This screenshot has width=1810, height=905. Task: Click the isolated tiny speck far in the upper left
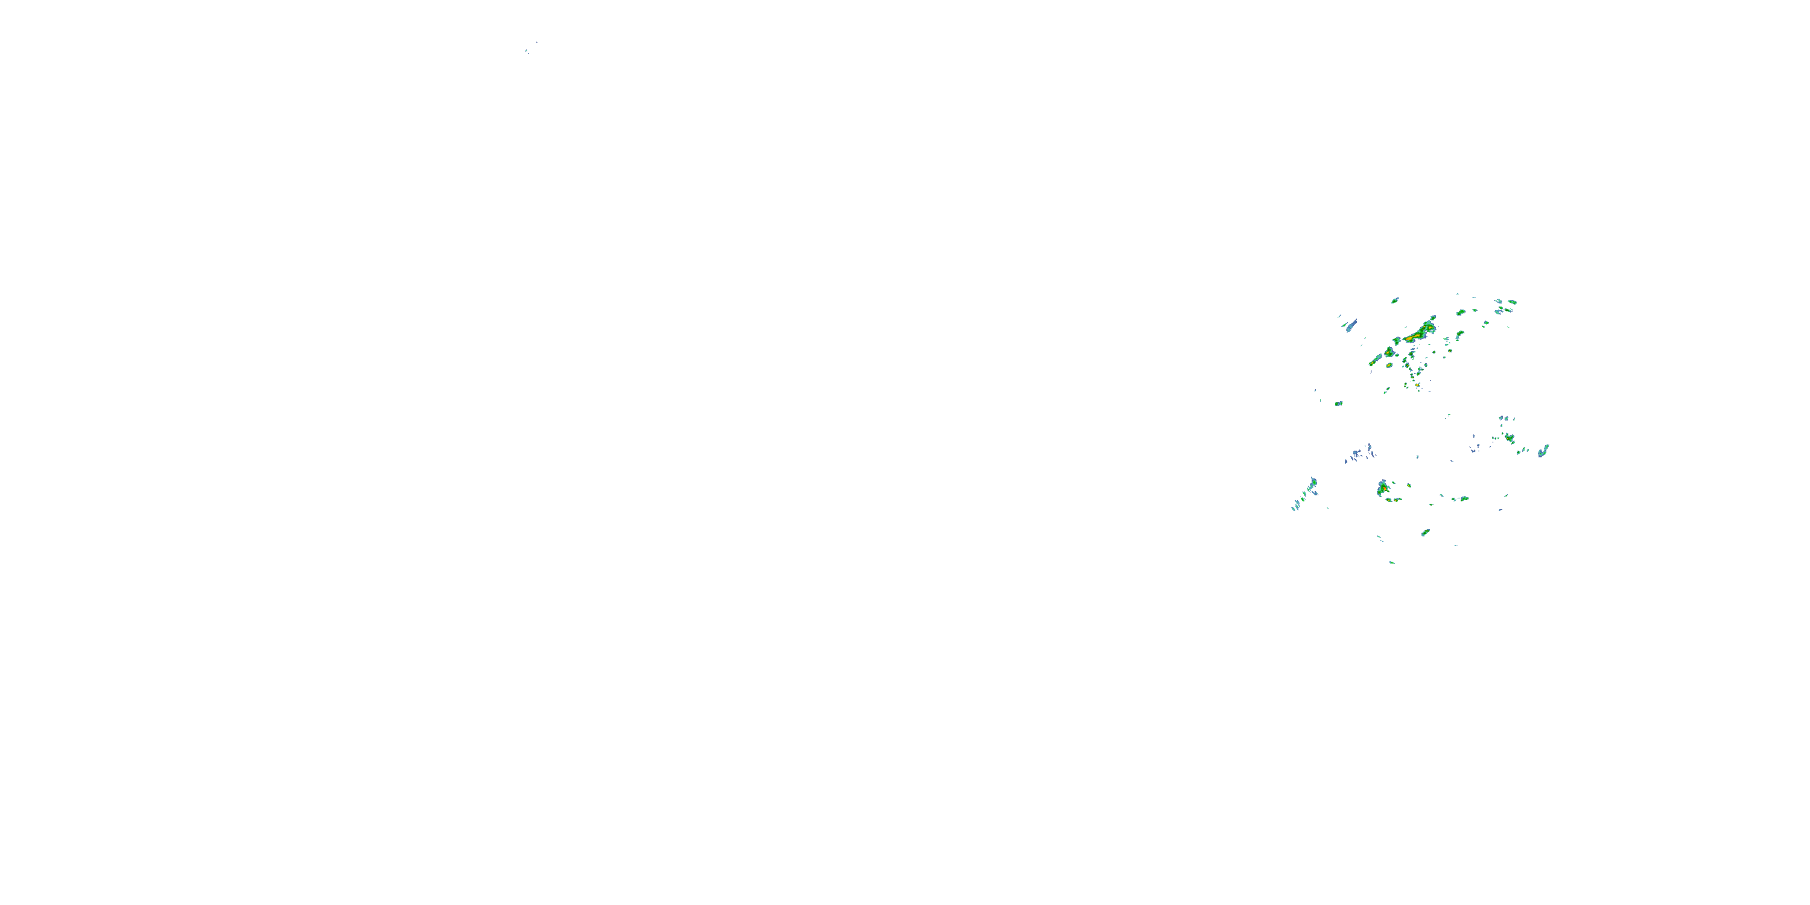click(526, 51)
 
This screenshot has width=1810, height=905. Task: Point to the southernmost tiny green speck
click(1392, 562)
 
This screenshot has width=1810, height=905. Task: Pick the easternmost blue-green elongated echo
click(1543, 451)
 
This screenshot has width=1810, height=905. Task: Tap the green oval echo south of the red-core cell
click(1426, 532)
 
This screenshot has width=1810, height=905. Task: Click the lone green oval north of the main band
click(1395, 300)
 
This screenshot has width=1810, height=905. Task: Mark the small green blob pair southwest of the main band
click(1339, 403)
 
